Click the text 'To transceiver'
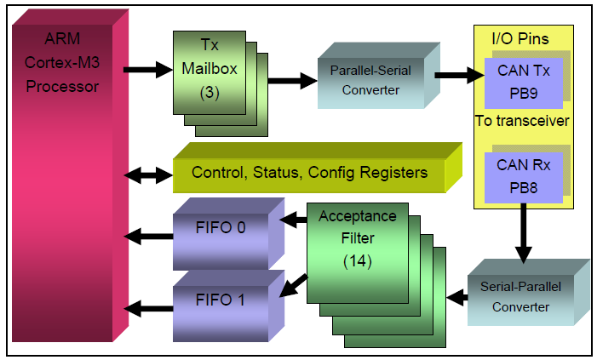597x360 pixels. coord(521,122)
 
